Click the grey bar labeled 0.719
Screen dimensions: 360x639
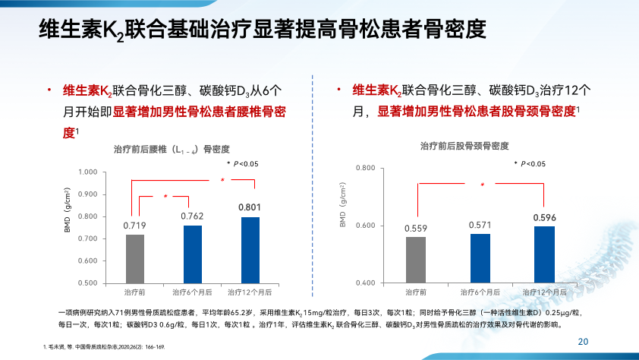135,258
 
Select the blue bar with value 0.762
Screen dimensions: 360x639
193,254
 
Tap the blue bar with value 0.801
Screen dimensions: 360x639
250,250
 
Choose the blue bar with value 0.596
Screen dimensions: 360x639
544,254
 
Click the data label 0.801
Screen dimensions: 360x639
250,207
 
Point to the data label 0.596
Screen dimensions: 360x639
544,218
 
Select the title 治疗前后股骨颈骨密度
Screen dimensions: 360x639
464,145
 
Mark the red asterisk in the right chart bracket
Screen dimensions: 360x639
482,185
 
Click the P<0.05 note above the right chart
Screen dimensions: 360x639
529,164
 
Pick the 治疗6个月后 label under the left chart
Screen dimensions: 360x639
190,291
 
